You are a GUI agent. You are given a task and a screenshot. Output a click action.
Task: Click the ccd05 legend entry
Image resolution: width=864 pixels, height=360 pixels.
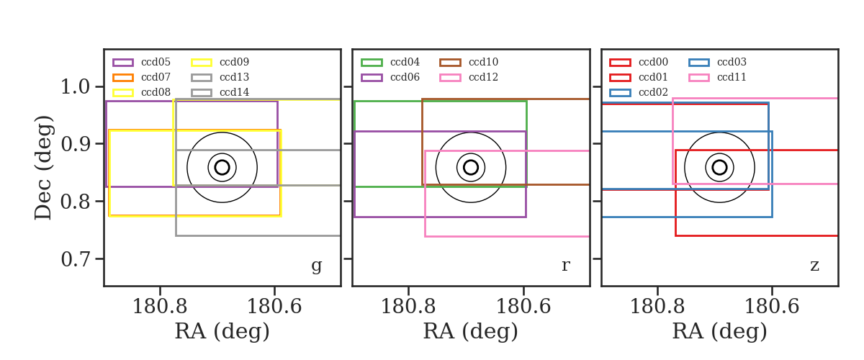tap(141, 62)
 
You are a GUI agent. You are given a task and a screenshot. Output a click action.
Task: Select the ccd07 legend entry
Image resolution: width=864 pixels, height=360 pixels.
tap(141, 77)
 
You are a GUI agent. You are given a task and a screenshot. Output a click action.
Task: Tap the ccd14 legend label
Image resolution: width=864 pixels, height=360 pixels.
tap(235, 92)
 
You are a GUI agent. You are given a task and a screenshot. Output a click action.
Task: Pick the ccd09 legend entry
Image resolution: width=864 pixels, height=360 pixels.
tap(220, 62)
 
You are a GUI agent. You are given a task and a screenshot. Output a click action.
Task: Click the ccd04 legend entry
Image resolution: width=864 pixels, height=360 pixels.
tap(390, 62)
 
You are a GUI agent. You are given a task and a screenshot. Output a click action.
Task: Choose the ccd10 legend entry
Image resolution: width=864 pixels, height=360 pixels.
tap(469, 62)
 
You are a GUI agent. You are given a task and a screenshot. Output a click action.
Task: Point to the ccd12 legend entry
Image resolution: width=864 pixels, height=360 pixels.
tap(469, 77)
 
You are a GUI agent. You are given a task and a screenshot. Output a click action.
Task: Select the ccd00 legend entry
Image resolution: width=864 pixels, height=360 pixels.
tap(639, 62)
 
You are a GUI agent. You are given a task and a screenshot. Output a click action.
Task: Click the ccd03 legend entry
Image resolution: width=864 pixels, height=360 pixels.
tap(717, 62)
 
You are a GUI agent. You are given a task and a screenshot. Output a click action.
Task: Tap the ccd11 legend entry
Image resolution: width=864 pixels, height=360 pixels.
tap(717, 77)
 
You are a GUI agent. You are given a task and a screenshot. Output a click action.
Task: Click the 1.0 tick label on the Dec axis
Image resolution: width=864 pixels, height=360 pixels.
tap(76, 86)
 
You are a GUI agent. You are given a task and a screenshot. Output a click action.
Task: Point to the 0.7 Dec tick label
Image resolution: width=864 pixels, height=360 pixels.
tap(76, 258)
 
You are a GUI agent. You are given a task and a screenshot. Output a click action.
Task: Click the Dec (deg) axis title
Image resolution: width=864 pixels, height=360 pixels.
tap(42, 168)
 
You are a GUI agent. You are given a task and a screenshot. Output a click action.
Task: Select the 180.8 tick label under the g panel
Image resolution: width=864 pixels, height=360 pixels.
tap(160, 307)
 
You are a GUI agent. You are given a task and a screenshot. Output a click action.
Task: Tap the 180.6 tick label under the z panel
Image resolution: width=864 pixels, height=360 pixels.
tap(772, 307)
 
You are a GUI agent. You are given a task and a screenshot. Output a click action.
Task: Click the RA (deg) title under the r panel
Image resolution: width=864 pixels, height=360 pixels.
tap(471, 331)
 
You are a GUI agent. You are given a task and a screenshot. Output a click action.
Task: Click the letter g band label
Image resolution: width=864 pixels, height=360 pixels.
tap(316, 266)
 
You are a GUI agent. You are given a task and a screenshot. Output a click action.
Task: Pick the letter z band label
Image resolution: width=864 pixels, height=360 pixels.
tap(814, 266)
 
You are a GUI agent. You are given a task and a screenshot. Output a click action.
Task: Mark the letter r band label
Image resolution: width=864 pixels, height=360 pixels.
tap(565, 266)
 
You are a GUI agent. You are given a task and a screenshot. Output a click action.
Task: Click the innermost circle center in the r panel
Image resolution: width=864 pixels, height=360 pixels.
tap(471, 168)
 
